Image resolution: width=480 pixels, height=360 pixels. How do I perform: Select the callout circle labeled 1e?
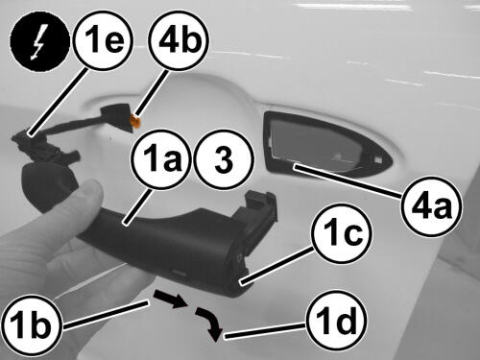(103, 41)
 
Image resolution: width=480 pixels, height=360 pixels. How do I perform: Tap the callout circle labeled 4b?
(179, 41)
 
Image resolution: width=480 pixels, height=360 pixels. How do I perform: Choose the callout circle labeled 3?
(224, 158)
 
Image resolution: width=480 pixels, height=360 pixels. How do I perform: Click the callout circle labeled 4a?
(432, 207)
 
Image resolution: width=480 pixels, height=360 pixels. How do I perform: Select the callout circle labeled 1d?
(336, 321)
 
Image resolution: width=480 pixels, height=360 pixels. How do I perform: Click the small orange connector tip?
(134, 122)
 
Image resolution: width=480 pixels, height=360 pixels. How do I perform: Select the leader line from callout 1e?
(59, 103)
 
